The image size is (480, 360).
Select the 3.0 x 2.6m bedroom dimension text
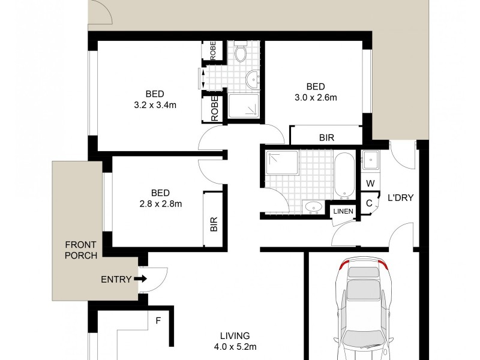click(x=316, y=97)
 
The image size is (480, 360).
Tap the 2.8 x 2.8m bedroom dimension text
click(x=160, y=203)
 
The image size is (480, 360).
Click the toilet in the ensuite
click(x=241, y=53)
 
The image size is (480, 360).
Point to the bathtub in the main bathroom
click(x=344, y=175)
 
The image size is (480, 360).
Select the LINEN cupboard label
click(x=343, y=211)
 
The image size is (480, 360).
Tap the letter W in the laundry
click(x=370, y=184)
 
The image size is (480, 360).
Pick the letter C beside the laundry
click(x=370, y=203)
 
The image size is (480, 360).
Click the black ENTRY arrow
click(x=140, y=279)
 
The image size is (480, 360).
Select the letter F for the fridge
click(x=158, y=321)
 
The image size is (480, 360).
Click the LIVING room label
click(x=234, y=336)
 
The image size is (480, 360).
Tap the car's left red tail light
click(x=344, y=266)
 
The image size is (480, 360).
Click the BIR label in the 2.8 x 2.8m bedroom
click(x=214, y=226)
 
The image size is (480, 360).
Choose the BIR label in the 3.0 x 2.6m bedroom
click(x=326, y=138)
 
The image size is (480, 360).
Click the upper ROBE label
click(x=213, y=50)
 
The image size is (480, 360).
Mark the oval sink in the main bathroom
click(x=313, y=208)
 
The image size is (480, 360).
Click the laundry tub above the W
click(x=370, y=160)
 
